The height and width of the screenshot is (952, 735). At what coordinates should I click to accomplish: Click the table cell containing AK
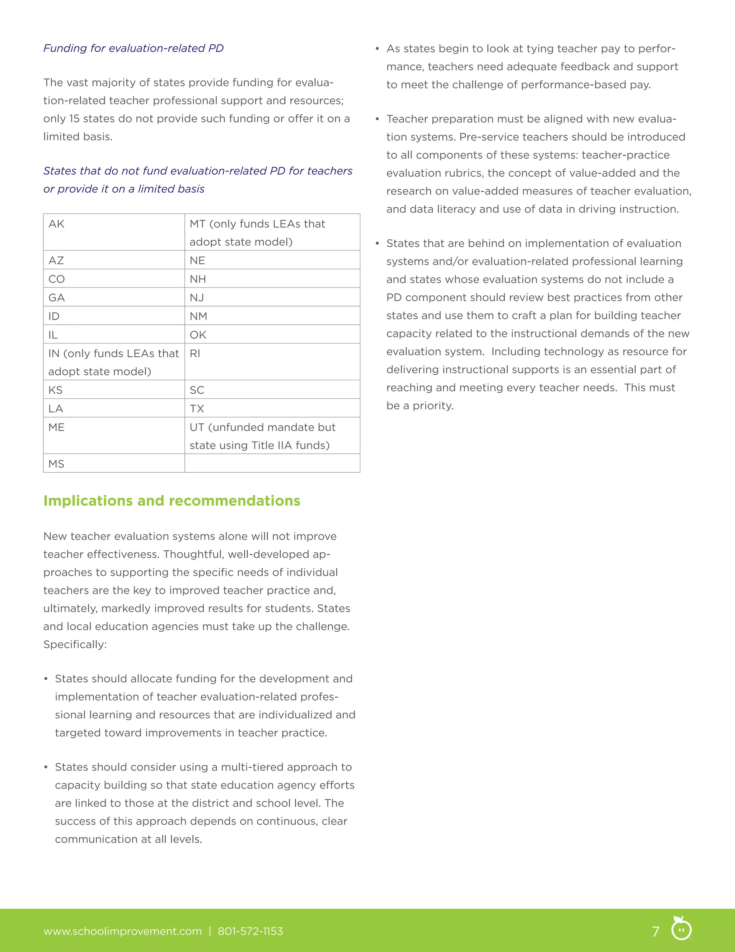114,232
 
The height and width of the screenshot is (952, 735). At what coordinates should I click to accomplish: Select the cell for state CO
114,278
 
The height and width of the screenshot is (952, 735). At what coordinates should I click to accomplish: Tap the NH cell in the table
272,278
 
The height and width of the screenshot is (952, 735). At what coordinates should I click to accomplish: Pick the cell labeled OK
272,334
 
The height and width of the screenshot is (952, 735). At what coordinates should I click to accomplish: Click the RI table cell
272,362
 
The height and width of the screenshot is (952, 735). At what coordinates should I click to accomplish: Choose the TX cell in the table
272,408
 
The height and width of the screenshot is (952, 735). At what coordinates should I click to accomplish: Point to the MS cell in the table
114,463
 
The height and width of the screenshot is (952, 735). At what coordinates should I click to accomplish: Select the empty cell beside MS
272,463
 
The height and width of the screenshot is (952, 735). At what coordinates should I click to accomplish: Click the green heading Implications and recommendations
172,501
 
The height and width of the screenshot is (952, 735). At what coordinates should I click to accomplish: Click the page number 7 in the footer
655,932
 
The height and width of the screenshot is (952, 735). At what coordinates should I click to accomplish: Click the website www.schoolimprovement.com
122,932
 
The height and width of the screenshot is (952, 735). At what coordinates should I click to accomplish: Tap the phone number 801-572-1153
251,932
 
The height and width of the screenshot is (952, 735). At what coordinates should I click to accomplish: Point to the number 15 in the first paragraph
74,119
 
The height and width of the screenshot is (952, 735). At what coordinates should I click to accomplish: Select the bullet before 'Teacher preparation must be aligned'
377,119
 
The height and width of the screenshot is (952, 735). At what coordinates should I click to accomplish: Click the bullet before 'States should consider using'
46,767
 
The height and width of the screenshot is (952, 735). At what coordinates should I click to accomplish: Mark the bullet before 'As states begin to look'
377,49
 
